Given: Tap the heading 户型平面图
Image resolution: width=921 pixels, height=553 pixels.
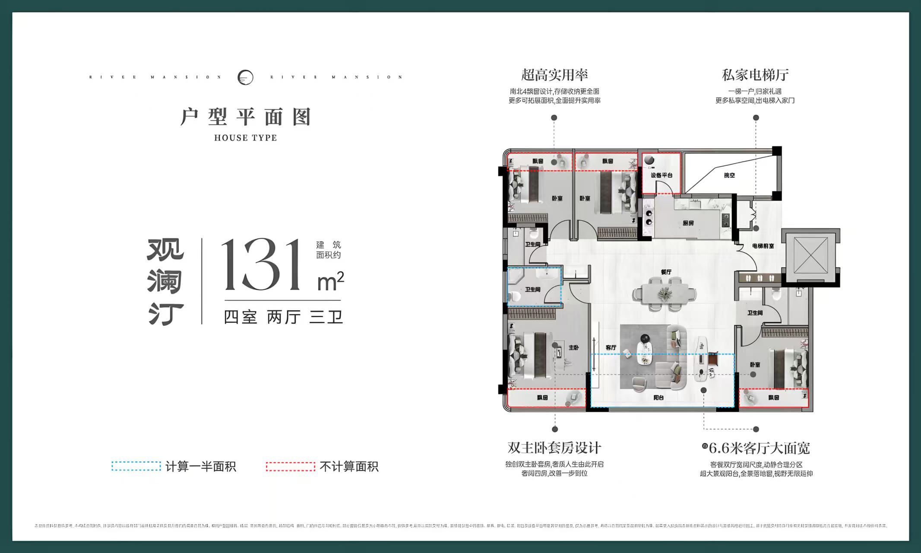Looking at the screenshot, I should click(245, 117).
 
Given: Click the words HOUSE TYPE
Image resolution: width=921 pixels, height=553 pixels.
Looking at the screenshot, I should click(245, 138).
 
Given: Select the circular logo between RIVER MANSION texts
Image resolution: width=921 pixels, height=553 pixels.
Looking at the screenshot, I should click(245, 77).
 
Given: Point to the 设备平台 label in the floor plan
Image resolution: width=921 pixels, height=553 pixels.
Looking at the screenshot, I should click(661, 175).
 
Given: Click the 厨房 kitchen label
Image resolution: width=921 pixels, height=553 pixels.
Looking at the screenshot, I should click(688, 223).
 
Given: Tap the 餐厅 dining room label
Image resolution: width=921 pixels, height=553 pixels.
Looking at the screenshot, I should click(666, 272).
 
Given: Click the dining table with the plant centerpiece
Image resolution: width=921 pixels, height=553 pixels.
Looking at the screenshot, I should click(664, 294).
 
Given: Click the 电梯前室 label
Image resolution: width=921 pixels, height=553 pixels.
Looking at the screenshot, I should click(763, 246).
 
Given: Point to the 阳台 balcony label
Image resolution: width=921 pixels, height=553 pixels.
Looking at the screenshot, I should click(658, 397).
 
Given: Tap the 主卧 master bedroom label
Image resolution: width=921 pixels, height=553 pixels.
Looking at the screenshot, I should click(573, 347).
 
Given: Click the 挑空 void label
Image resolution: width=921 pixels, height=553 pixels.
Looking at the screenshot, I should click(729, 175).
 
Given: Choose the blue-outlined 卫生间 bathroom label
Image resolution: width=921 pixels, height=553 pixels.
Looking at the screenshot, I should click(532, 289).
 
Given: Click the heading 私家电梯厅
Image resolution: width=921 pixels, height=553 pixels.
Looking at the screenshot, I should click(755, 75).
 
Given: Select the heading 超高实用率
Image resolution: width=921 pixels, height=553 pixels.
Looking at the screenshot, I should click(554, 75).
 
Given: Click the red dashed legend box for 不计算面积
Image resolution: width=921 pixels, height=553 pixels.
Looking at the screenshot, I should click(290, 467).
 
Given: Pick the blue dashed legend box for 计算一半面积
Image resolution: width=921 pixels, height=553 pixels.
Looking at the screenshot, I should click(136, 467).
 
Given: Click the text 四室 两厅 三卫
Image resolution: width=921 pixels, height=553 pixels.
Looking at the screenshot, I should click(283, 318).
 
